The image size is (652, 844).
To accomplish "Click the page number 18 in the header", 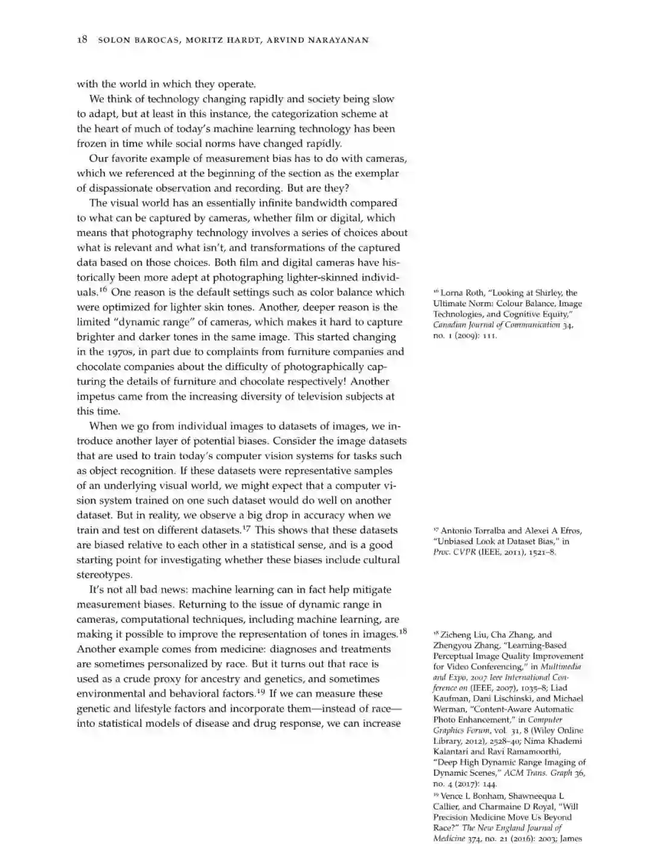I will [82, 40].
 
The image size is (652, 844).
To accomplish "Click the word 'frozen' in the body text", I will [92, 144].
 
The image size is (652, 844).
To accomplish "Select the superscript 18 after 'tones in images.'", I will [403, 631].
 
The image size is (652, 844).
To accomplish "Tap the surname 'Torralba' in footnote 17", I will [487, 531].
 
